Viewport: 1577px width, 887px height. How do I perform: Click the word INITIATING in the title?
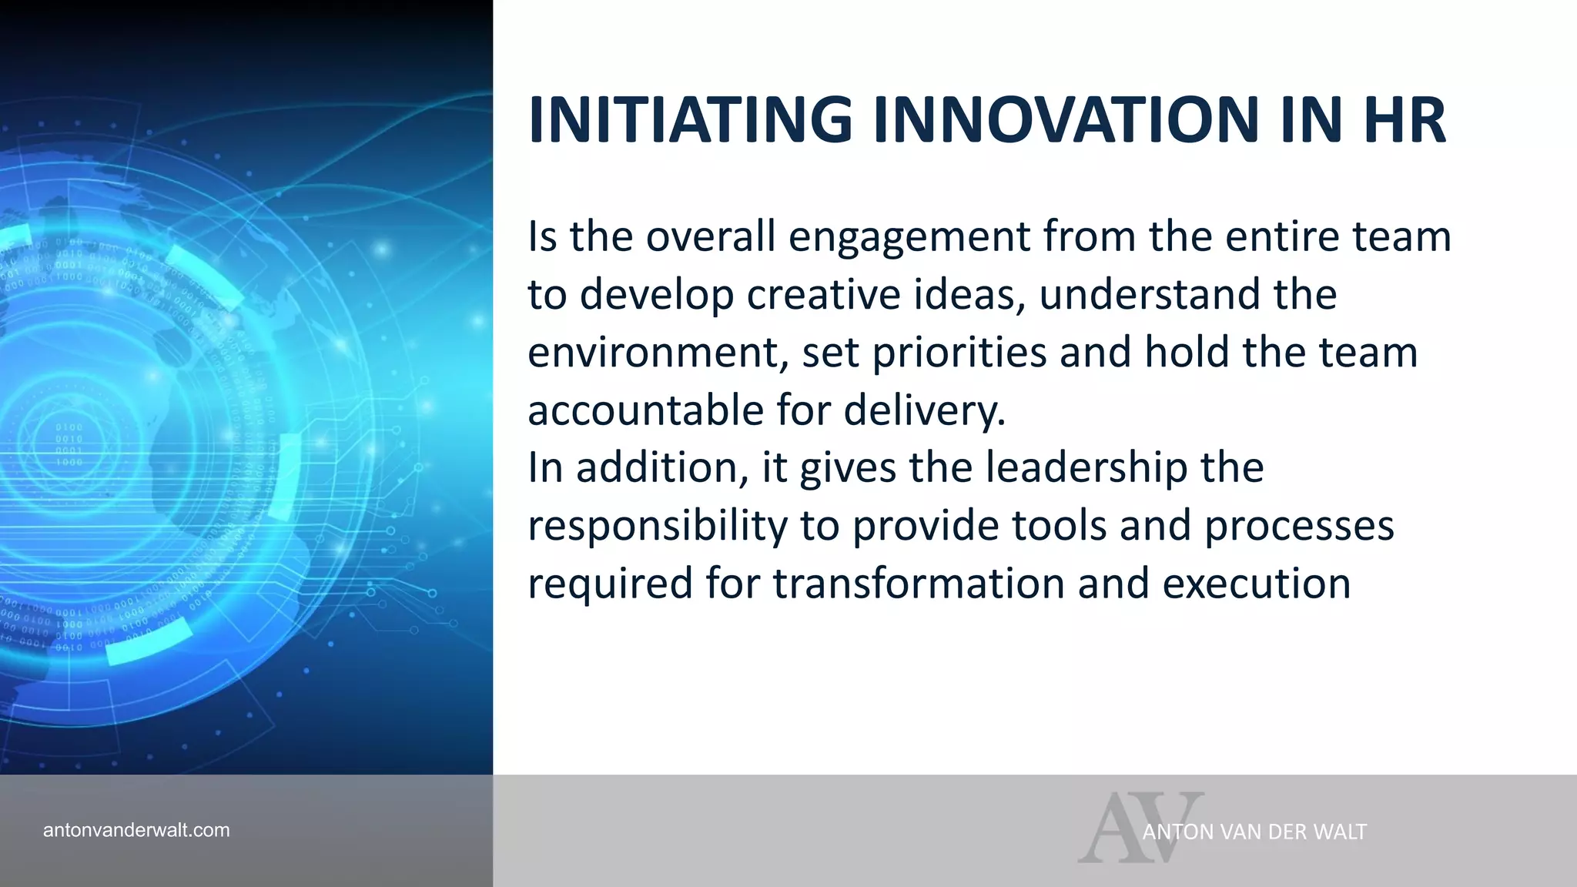pyautogui.click(x=689, y=120)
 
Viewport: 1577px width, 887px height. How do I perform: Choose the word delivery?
pyautogui.click(x=924, y=410)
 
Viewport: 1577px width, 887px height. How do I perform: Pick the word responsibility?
pyautogui.click(x=657, y=526)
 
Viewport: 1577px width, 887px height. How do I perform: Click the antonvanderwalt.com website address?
pyautogui.click(x=136, y=830)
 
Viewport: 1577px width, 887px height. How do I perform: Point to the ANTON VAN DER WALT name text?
pyautogui.click(x=1254, y=832)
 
